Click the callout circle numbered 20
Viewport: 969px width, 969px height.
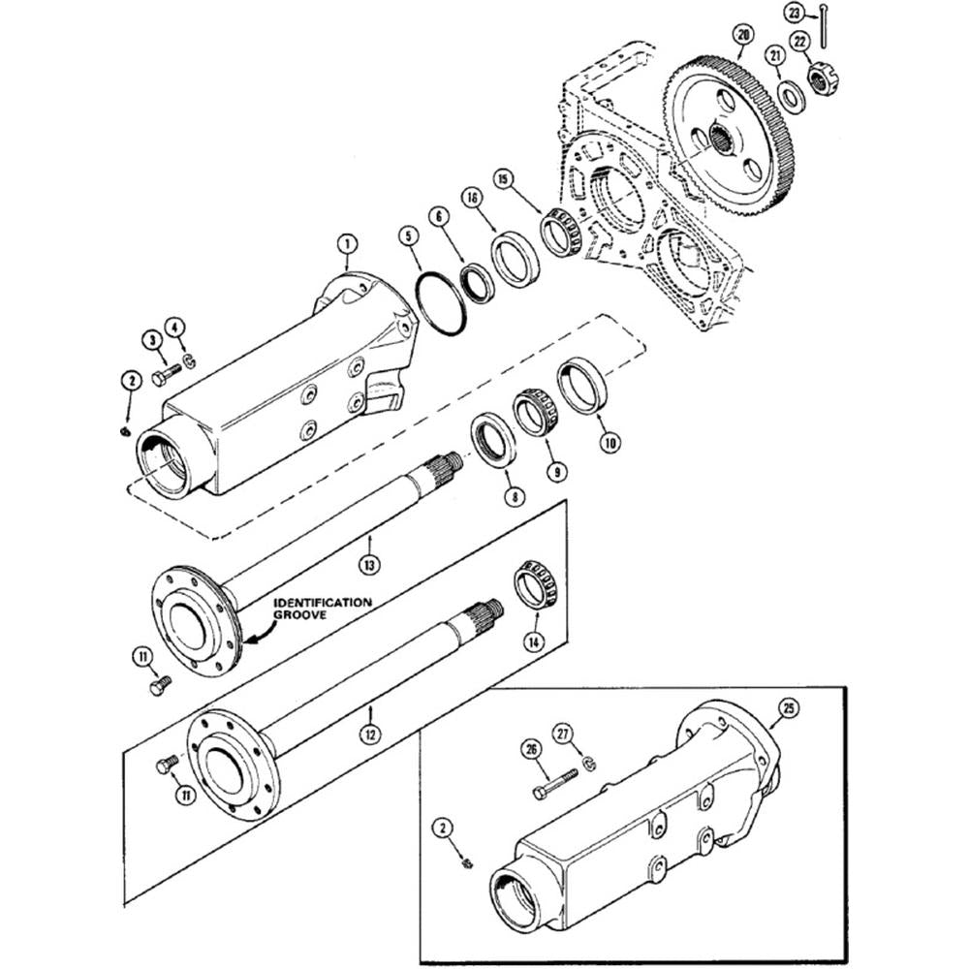tap(743, 37)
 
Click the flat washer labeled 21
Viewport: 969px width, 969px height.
tap(792, 97)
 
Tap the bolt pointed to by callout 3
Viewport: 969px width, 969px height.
tap(166, 375)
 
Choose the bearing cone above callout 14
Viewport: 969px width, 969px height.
tap(534, 585)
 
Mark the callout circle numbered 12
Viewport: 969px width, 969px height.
tap(368, 735)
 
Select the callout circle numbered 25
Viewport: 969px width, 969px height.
tap(789, 710)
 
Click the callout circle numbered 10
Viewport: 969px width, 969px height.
tap(609, 442)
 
